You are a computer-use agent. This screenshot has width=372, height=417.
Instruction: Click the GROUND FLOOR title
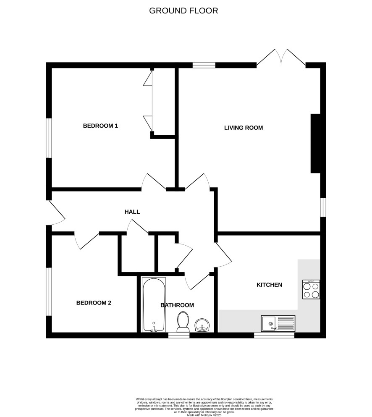(183, 10)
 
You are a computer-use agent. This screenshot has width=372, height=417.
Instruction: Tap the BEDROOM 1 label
(100, 126)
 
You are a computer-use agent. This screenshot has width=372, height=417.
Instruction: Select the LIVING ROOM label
(243, 128)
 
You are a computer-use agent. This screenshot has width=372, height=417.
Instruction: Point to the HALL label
(132, 212)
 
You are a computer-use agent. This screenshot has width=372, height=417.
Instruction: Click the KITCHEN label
(269, 285)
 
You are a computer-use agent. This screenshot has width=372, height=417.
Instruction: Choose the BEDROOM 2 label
(94, 303)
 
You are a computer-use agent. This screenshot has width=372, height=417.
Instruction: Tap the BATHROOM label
(177, 305)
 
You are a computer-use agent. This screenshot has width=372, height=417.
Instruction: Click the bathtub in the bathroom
(154, 305)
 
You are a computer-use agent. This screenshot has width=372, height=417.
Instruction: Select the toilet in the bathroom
(183, 322)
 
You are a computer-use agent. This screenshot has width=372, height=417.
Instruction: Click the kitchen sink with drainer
(278, 323)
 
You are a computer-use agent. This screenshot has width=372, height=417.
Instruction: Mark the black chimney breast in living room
(315, 143)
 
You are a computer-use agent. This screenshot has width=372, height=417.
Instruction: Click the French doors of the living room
(281, 57)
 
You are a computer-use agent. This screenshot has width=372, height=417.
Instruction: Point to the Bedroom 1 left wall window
(49, 138)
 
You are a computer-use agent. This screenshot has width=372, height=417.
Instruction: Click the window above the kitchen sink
(274, 335)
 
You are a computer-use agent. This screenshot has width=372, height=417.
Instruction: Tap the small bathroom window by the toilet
(179, 335)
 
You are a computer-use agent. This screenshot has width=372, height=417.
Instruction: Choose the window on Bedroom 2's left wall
(49, 291)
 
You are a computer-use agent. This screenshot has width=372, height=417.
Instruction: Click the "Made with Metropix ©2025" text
(204, 415)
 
